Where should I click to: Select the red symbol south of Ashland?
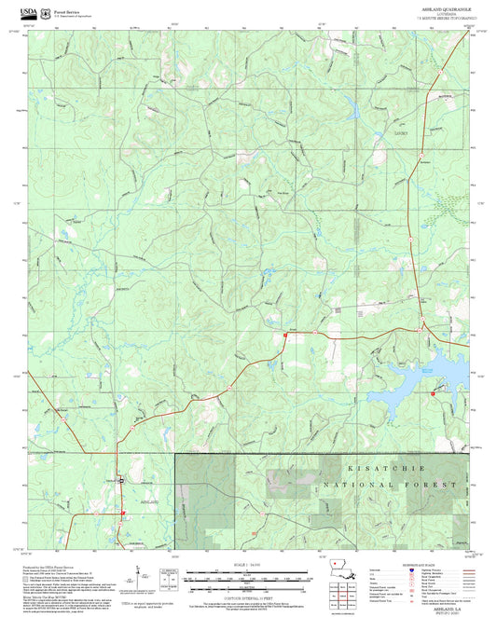(x=121, y=512)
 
